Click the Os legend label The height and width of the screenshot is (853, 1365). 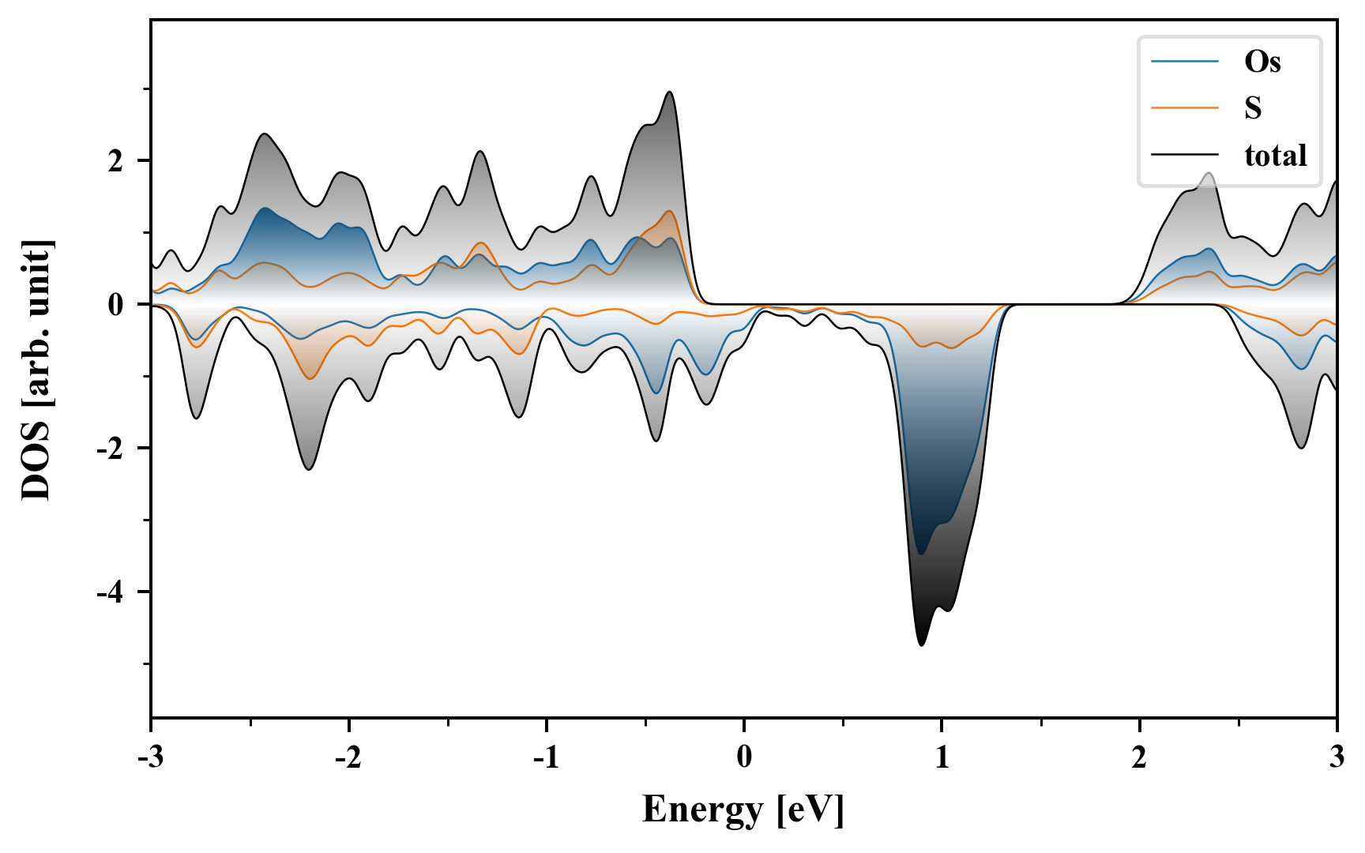click(1262, 62)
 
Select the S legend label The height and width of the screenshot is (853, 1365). click(1253, 108)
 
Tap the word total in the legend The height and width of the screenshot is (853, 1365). click(1275, 156)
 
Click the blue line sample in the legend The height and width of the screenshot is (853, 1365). click(1184, 62)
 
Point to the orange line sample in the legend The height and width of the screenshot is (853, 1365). click(1184, 108)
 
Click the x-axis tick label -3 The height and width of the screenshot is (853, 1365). click(151, 757)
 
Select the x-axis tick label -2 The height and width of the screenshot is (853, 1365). click(348, 757)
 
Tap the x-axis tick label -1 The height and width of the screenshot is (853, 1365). click(546, 757)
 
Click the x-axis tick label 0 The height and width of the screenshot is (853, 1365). click(744, 757)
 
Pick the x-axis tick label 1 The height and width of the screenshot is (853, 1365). click(942, 757)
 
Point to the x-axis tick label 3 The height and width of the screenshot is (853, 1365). click(1337, 757)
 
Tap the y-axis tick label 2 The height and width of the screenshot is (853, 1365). click(117, 161)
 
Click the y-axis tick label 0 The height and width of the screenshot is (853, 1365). click(117, 305)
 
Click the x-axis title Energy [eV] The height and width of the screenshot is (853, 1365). click(743, 810)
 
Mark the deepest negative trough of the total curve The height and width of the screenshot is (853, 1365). click(921, 645)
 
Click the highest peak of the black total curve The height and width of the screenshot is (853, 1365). click(670, 92)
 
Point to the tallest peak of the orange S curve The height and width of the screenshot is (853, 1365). click(670, 211)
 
